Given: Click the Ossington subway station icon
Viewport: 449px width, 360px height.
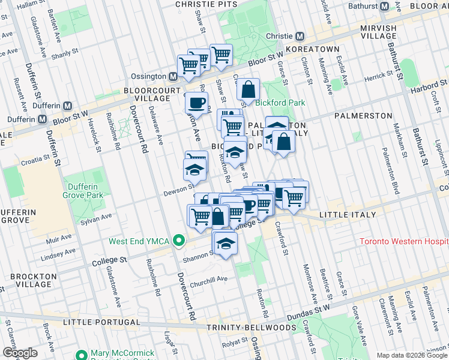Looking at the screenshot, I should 173,77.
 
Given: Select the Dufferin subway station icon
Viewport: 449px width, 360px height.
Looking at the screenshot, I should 42,119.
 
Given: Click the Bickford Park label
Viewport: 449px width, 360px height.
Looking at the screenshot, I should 280,103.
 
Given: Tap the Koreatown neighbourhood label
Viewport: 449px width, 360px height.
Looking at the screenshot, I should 313,49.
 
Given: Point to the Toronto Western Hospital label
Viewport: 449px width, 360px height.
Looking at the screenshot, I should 403,242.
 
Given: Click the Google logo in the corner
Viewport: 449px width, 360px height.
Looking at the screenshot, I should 20,352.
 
